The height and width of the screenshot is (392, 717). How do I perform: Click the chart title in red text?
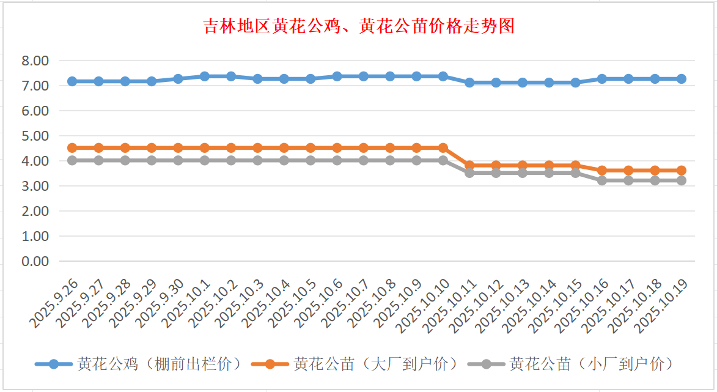tap(358, 27)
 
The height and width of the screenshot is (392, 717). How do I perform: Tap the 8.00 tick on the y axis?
tap(35, 61)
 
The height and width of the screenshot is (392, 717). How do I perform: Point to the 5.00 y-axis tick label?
tap(35, 136)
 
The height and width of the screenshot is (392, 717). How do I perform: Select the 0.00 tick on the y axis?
tap(35, 261)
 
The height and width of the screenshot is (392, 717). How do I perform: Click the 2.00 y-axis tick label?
tap(35, 211)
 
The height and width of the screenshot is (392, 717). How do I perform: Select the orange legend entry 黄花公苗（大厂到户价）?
tap(358, 364)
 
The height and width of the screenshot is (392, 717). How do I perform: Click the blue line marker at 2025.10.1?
tap(205, 76)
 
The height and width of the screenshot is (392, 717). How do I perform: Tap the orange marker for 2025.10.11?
tap(469, 165)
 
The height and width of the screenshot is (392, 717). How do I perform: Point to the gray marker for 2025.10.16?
tap(602, 180)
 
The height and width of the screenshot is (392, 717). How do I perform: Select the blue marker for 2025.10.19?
tap(681, 79)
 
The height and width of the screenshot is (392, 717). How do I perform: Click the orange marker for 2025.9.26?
tap(72, 148)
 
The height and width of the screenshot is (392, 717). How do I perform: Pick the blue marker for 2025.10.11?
tap(469, 83)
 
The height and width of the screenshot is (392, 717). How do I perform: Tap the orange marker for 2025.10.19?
tap(681, 171)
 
